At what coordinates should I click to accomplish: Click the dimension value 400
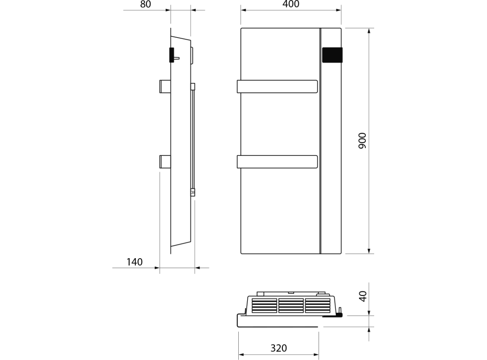(x=290, y=5)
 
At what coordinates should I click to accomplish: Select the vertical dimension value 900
(x=362, y=141)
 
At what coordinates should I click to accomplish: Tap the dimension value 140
(x=134, y=262)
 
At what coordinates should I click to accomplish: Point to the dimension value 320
(x=278, y=348)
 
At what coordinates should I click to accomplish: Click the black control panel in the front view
(x=332, y=55)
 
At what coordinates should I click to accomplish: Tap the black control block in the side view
(x=172, y=55)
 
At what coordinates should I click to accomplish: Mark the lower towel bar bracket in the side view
(x=165, y=162)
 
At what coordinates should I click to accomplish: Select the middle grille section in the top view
(x=291, y=305)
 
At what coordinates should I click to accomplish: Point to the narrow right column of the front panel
(x=331, y=157)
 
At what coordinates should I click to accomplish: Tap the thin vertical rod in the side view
(x=193, y=139)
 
